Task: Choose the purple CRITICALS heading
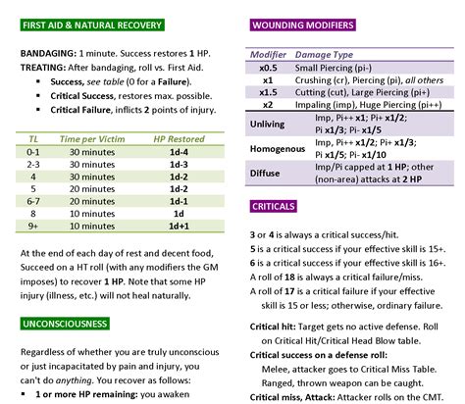tap(274, 210)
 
